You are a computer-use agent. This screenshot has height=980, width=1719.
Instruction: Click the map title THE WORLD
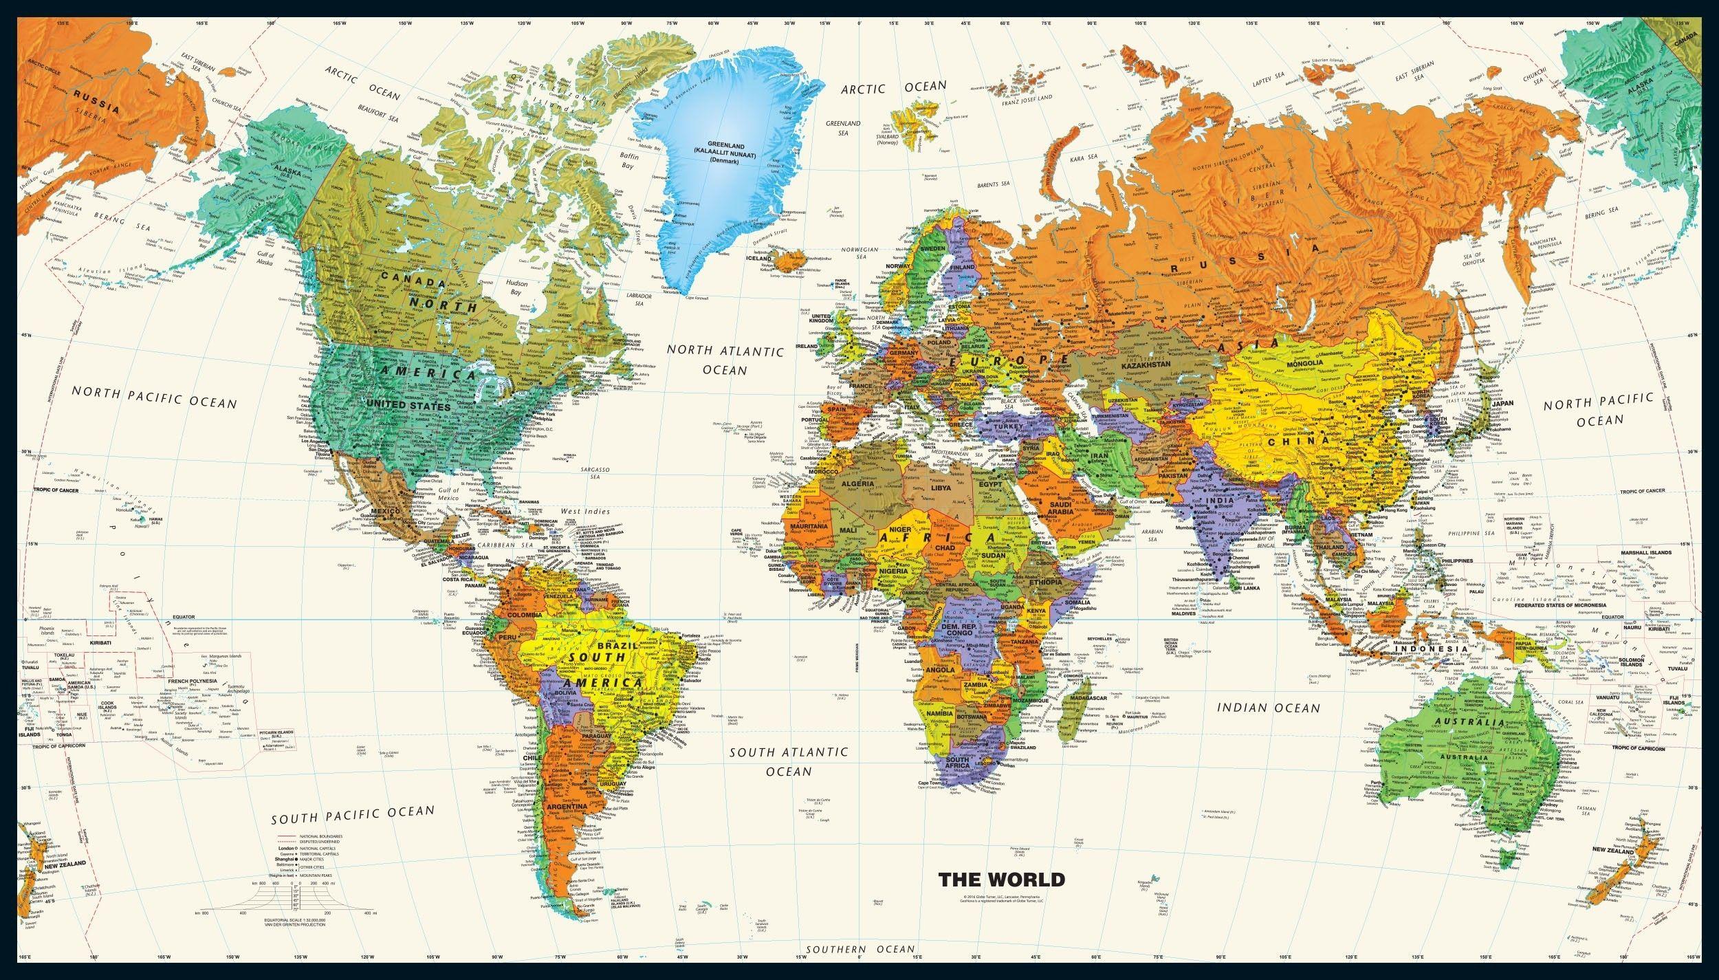1001,898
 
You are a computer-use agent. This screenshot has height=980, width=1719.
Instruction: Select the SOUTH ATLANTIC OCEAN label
789,761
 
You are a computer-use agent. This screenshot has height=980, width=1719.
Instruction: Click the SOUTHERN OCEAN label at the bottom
861,949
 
